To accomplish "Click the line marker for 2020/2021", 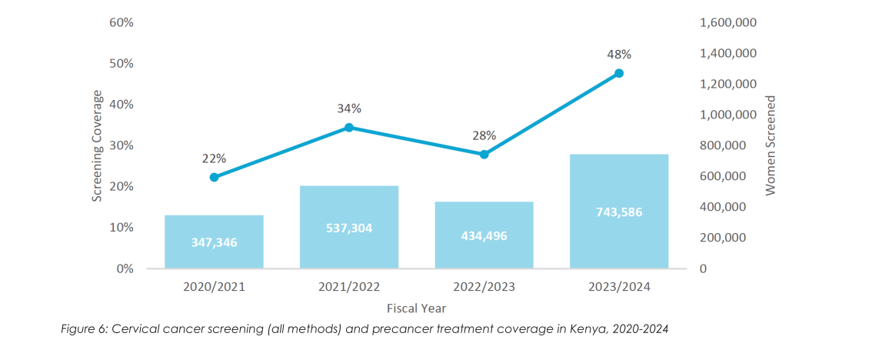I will pos(214,177).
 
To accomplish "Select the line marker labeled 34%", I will pos(349,127).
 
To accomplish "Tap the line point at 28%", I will pos(484,155).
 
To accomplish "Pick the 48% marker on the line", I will pos(619,73).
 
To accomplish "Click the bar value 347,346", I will pos(214,242).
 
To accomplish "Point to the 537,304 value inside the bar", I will pos(349,228).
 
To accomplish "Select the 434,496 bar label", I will pos(484,235).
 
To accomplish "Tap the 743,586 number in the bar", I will pos(619,212).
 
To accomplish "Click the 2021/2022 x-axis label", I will pos(349,287).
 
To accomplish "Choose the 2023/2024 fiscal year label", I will pos(619,287).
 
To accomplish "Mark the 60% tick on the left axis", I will pos(121,22).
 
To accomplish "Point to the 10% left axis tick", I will pos(121,228).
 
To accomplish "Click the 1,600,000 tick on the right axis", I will pos(728,22).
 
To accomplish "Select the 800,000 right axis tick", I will pos(723,145).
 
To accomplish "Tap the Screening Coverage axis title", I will pos(98,146).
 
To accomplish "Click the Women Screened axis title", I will pos(771,145).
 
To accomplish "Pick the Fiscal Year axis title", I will pos(416,307).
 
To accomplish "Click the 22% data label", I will pos(214,158).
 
